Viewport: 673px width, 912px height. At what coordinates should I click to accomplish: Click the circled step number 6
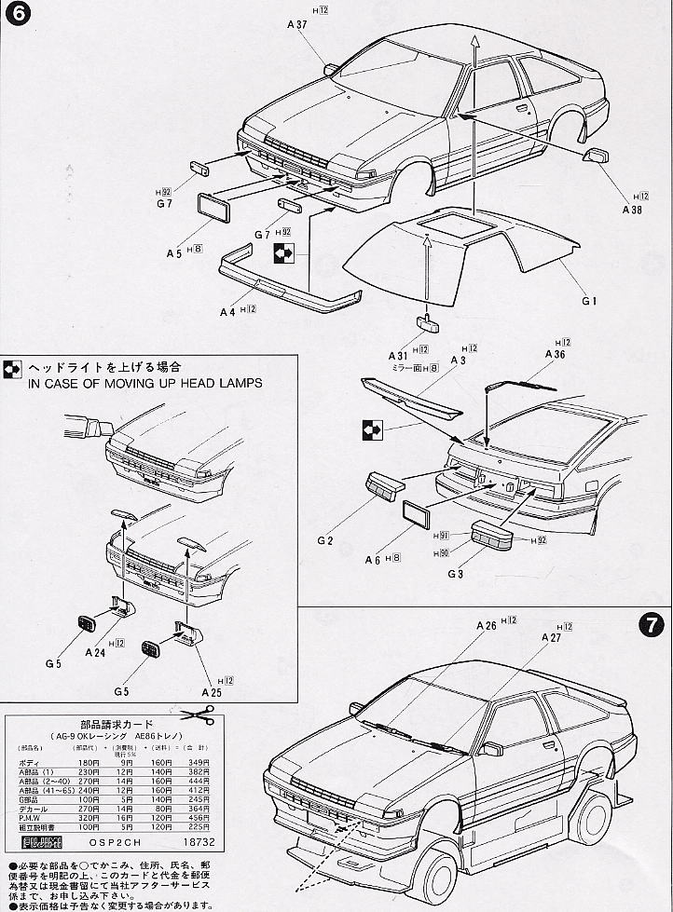click(16, 16)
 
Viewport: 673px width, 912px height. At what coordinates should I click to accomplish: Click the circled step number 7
click(654, 625)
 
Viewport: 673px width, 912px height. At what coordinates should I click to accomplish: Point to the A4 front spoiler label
click(227, 313)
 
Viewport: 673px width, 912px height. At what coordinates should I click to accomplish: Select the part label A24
click(96, 654)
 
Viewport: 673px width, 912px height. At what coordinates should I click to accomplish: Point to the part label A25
click(211, 692)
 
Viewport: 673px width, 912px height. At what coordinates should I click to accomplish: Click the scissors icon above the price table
click(199, 715)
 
